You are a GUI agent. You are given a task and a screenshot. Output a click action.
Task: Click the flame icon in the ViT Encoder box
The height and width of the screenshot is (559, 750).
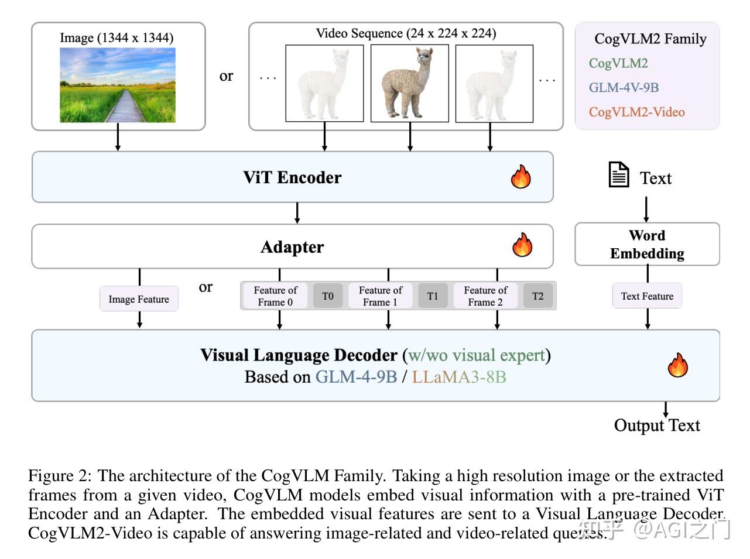(x=520, y=176)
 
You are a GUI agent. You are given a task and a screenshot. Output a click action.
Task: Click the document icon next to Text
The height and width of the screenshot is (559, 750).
(x=618, y=174)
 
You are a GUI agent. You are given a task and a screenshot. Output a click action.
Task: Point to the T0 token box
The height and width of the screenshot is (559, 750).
(x=328, y=296)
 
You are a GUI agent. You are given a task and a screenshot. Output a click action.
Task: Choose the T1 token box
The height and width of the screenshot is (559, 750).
(x=433, y=296)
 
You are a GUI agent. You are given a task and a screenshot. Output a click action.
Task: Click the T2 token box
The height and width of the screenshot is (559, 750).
(x=537, y=296)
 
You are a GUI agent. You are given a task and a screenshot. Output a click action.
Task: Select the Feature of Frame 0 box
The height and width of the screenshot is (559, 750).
(x=275, y=296)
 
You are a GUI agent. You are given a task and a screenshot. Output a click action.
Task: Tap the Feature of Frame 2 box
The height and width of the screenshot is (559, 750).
(x=485, y=296)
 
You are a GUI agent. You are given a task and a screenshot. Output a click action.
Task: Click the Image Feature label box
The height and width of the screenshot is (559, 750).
(x=139, y=299)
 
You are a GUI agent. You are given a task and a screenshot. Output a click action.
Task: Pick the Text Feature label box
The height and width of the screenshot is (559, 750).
(x=647, y=296)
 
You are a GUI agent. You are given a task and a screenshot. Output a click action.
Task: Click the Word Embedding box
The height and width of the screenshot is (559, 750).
(x=647, y=244)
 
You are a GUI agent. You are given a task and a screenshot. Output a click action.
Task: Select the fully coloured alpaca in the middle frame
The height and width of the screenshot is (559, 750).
(x=410, y=83)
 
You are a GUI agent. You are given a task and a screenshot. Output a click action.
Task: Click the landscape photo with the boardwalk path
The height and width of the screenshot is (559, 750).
(x=118, y=85)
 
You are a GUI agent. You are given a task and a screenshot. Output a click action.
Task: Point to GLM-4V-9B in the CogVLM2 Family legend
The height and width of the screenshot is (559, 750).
(x=624, y=88)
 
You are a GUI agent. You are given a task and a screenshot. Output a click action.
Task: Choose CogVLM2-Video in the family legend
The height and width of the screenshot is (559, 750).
(x=636, y=112)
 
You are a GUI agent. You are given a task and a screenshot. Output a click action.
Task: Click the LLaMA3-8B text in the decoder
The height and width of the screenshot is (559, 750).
(x=459, y=376)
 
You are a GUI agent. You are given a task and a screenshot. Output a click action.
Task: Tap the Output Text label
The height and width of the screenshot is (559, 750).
(x=656, y=426)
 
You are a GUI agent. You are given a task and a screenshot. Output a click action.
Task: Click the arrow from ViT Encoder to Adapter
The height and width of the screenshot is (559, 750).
(x=297, y=213)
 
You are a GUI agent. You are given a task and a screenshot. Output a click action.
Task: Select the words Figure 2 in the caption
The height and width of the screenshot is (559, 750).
(x=59, y=475)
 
